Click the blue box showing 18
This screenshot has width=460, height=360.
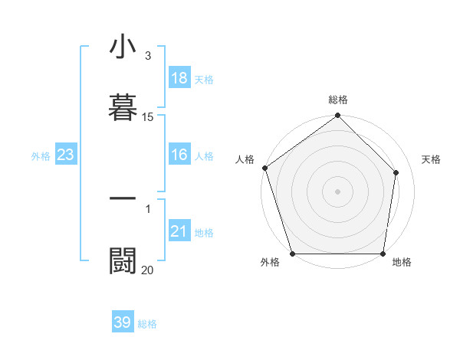coord(179,78)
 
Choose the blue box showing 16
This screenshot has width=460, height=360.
coord(179,155)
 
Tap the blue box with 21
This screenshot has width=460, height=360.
coord(179,231)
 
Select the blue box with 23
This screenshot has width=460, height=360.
coord(66,155)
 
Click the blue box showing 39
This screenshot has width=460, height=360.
coord(123,322)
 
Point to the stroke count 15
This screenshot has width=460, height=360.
coord(148,117)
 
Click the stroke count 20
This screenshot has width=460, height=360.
coord(148,270)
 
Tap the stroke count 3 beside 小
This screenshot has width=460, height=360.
coord(148,56)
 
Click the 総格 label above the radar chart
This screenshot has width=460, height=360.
coord(338,100)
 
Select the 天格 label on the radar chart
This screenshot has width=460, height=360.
coord(432,159)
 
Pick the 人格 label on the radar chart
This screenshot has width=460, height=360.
coord(245,159)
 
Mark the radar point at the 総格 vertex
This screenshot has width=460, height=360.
coord(338,116)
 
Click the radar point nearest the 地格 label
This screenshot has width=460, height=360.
coord(383,254)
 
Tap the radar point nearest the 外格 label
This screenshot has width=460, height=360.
coord(292,254)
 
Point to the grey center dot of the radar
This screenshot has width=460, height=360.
coord(337,191)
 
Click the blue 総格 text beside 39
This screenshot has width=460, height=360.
coord(148,324)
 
